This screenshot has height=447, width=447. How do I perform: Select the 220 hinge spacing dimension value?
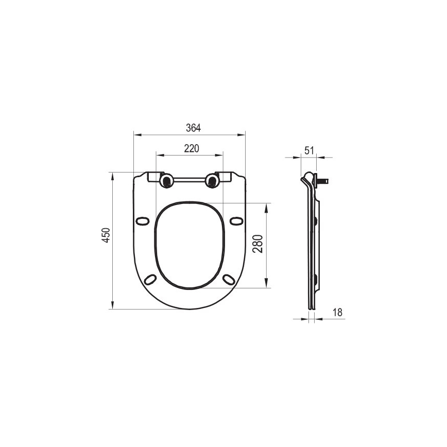pyautogui.click(x=192, y=148)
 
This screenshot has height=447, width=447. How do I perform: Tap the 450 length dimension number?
pyautogui.click(x=106, y=235)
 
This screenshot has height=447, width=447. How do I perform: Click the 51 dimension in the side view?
pyautogui.click(x=309, y=150)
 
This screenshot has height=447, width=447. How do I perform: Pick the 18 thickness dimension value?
pyautogui.click(x=337, y=312)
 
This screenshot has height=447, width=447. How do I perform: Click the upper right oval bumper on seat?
pyautogui.click(x=236, y=221)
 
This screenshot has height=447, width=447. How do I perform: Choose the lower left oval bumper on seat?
pyautogui.click(x=150, y=279)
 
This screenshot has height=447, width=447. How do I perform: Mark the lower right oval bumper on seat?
pyautogui.click(x=228, y=279)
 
